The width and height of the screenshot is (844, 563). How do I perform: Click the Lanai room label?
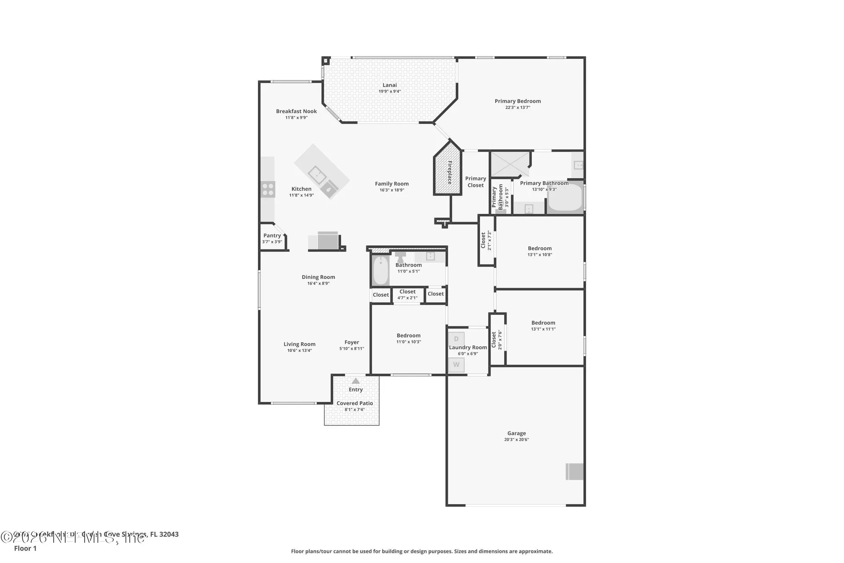389,85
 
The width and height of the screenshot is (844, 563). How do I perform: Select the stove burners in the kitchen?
268,189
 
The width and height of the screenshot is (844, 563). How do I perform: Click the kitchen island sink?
317,175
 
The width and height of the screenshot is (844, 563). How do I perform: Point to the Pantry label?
272,236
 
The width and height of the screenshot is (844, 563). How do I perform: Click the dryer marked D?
456,339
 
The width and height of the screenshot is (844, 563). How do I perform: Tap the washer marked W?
456,365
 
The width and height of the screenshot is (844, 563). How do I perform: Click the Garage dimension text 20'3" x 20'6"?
517,439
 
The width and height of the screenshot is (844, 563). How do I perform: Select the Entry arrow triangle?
356,381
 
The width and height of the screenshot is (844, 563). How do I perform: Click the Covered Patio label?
355,403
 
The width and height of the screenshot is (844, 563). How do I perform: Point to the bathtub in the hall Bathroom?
381,271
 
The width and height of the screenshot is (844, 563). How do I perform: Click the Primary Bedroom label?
517,101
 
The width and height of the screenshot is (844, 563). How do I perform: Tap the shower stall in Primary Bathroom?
510,164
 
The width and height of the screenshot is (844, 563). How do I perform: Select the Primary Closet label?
476,182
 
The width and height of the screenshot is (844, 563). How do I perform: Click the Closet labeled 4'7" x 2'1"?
407,295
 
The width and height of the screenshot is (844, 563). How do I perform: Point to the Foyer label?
352,342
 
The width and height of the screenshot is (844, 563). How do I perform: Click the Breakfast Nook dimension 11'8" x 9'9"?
296,117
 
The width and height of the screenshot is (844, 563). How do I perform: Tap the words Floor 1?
25,548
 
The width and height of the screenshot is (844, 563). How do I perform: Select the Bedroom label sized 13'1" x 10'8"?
539,249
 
